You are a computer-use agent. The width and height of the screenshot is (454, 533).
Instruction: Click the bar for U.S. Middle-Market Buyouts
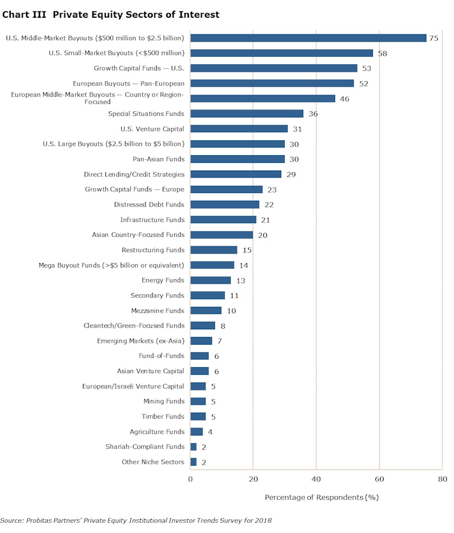tap(308, 38)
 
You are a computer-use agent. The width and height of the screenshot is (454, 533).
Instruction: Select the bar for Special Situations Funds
tap(247, 114)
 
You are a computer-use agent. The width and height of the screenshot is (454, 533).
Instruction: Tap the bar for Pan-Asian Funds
tap(237, 159)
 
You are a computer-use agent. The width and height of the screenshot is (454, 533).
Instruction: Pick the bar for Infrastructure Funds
tap(223, 220)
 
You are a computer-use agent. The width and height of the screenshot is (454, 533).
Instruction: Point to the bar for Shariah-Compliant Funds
tap(194, 447)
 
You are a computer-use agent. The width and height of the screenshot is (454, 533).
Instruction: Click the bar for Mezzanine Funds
tap(206, 310)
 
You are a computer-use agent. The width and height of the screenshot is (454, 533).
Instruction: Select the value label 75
tap(434, 38)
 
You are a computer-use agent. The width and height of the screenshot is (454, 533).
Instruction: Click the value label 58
tap(382, 53)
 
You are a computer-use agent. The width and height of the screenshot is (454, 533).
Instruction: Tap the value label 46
tap(344, 99)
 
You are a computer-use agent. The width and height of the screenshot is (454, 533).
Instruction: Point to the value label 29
tap(291, 174)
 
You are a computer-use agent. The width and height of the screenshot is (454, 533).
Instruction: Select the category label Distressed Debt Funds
tap(149, 204)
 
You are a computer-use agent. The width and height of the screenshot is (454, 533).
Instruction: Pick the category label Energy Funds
tap(163, 280)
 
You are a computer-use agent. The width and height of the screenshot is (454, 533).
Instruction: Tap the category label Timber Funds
tap(163, 416)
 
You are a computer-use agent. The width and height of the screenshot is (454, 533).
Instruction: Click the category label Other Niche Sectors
tap(153, 462)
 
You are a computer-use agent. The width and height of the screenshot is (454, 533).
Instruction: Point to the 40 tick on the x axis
tap(316, 479)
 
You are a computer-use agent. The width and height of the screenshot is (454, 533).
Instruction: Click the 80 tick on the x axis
tap(442, 479)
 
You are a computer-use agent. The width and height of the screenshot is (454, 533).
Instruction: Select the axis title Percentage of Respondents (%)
tap(321, 497)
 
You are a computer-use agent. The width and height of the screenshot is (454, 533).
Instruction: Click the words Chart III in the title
tap(24, 14)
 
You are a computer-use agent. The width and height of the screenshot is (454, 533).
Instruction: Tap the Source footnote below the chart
tap(136, 521)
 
